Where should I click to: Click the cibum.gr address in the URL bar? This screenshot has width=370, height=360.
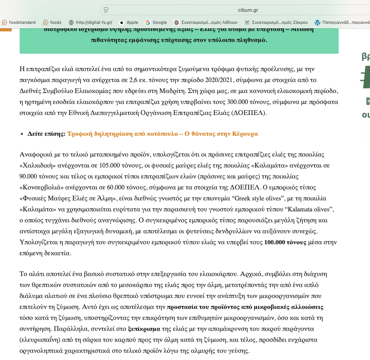[248, 10]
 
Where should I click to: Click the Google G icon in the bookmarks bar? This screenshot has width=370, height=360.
[147, 22]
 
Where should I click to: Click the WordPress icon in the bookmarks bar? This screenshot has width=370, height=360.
[317, 22]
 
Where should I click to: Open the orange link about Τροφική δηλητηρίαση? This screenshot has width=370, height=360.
[163, 134]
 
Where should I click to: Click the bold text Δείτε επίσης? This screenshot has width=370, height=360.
[46, 134]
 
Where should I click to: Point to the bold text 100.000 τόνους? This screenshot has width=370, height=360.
[285, 242]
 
